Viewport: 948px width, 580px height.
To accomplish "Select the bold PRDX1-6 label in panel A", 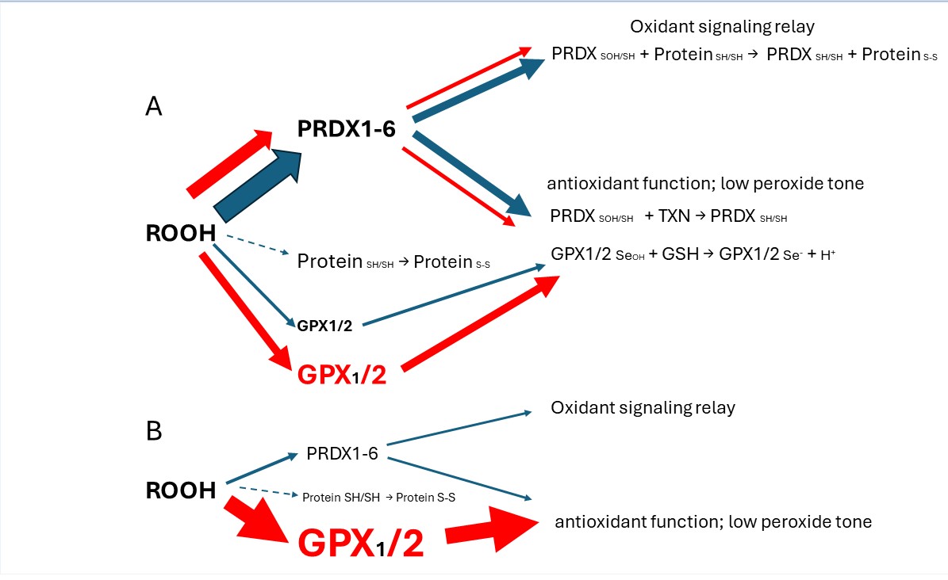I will [x=346, y=129].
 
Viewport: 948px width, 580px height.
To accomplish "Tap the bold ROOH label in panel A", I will [x=180, y=234].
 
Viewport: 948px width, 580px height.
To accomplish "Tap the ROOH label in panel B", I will [x=181, y=490].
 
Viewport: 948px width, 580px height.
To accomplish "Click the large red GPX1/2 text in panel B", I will [x=360, y=544].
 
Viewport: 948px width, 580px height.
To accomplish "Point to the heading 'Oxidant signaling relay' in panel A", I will [x=723, y=28].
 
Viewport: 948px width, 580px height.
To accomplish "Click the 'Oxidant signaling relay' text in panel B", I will [x=643, y=408].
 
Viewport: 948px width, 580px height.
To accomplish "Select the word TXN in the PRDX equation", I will [x=674, y=216].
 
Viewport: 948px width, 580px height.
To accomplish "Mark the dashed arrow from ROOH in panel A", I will [x=256, y=246].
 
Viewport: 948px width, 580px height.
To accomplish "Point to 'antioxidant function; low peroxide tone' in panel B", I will [x=713, y=522].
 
